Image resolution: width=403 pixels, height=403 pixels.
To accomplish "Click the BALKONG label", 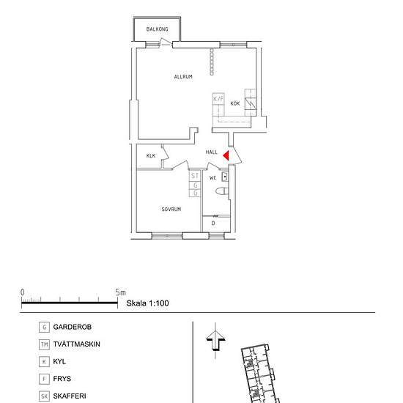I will [x=157, y=29].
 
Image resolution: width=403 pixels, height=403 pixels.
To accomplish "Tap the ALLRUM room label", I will [x=183, y=77].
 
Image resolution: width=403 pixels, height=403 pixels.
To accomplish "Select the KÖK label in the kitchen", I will [x=235, y=104].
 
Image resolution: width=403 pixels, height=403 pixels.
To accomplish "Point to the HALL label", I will [x=212, y=152].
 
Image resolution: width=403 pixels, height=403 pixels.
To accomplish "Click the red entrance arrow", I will [x=227, y=155].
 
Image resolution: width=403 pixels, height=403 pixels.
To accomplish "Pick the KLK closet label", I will [x=151, y=156].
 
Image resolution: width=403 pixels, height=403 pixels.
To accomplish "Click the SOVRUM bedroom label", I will [x=171, y=210].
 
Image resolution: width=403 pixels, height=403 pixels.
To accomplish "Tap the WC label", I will [x=213, y=178].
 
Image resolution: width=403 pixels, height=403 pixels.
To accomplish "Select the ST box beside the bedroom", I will [x=195, y=176].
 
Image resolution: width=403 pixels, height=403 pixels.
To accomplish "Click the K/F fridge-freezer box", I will [x=218, y=98].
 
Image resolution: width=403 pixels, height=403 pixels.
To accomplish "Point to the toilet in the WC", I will [x=222, y=192].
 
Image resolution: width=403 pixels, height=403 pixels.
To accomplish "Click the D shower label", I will [x=213, y=223].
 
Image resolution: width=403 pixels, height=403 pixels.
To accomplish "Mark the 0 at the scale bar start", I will [x=22, y=292].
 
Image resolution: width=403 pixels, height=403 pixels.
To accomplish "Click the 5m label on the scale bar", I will [x=121, y=292].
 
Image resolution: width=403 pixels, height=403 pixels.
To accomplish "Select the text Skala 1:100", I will [x=148, y=303].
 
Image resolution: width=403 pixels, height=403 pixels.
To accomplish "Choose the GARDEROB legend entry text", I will [x=73, y=327].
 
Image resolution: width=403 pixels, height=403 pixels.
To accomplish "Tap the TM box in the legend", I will [x=45, y=344].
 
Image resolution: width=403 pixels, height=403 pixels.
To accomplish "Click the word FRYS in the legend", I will [x=62, y=379].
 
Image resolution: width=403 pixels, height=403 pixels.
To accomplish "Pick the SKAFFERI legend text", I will [x=70, y=396].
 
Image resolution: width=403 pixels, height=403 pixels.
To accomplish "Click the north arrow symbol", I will [x=215, y=341].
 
